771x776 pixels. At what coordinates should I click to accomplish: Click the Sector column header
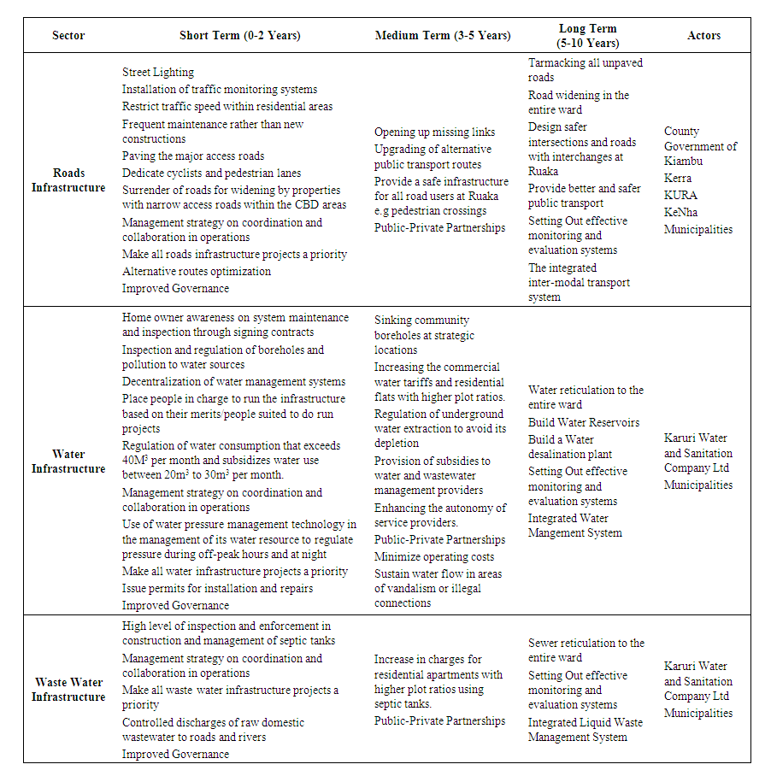(x=68, y=36)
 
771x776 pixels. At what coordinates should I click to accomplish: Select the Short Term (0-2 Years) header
(x=240, y=36)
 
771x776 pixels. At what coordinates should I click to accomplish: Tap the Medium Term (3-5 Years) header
(x=443, y=36)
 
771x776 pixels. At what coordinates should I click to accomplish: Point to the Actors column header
(x=703, y=36)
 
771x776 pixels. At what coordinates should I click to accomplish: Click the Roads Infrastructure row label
(x=68, y=180)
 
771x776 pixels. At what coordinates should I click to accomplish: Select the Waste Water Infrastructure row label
(x=68, y=690)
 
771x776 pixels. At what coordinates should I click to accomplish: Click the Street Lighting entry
(x=158, y=73)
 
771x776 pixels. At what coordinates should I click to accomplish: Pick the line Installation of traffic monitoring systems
(x=220, y=90)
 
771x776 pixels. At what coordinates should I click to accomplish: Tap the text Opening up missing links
(x=434, y=132)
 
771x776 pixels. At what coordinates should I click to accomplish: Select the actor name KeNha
(x=681, y=213)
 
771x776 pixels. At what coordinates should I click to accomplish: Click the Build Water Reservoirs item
(x=584, y=423)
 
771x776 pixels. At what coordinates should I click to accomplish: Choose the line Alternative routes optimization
(x=197, y=272)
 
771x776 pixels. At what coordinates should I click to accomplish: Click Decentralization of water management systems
(x=234, y=382)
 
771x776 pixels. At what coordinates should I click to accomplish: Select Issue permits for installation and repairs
(x=218, y=589)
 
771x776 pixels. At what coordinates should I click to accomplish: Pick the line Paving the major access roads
(x=193, y=156)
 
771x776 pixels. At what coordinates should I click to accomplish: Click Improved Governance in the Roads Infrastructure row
(x=175, y=289)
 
